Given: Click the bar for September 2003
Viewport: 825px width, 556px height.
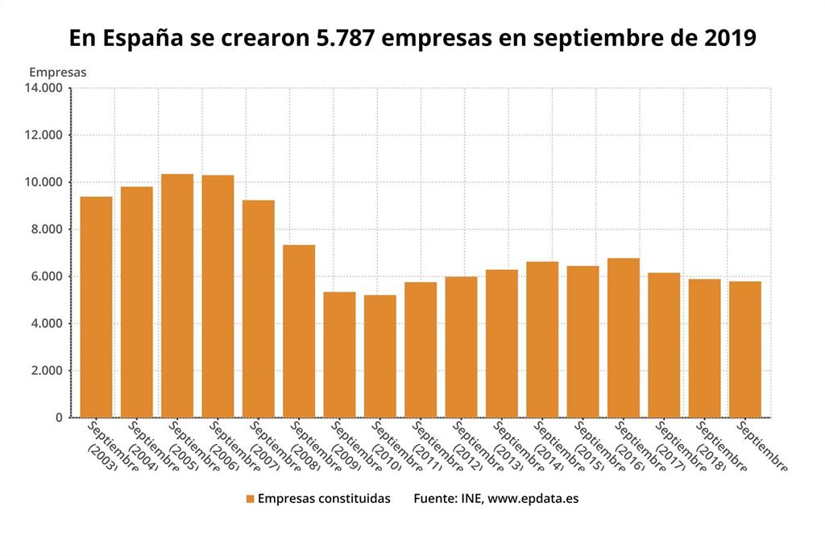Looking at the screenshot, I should (96, 307).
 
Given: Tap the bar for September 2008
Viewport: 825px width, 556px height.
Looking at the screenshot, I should (299, 331).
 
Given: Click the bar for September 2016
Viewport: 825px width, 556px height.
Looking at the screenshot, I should (623, 338).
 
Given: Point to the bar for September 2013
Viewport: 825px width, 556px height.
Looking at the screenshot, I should (501, 343).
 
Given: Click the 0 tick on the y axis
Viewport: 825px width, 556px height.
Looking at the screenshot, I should (58, 417).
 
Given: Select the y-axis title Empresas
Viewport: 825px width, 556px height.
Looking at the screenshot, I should (57, 72).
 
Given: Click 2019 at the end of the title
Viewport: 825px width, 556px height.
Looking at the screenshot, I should (730, 38).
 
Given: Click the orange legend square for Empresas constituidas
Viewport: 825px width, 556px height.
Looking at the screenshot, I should (250, 499).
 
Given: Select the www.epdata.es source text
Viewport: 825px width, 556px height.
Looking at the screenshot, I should (533, 499).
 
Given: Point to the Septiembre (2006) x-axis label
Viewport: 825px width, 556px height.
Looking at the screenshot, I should (225, 446).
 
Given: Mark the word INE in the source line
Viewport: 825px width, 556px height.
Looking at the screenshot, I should (470, 499).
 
